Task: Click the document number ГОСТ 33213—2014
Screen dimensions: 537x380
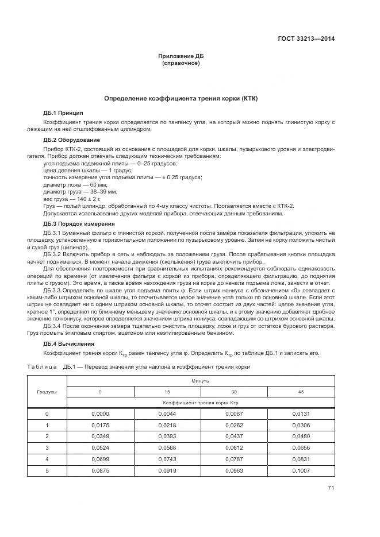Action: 306,39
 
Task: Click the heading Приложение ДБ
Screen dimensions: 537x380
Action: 181,56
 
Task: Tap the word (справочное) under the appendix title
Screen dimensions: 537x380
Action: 181,63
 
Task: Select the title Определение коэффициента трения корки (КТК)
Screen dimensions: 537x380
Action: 181,98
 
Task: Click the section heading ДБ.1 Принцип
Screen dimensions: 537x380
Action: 63,113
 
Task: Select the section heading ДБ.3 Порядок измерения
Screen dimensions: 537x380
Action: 79,223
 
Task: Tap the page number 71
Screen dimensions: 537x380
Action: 331,488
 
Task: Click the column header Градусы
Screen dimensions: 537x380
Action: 47,392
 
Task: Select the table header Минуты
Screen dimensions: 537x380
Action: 201,381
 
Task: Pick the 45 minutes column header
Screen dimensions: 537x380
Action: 301,392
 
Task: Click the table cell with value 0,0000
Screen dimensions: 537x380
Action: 100,414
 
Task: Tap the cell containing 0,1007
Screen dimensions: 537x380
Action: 301,471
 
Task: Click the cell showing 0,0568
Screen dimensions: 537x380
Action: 167,448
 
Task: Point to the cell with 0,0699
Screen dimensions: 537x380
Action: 100,459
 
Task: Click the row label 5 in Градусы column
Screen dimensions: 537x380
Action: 47,471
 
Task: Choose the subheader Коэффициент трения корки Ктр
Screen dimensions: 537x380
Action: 201,403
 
